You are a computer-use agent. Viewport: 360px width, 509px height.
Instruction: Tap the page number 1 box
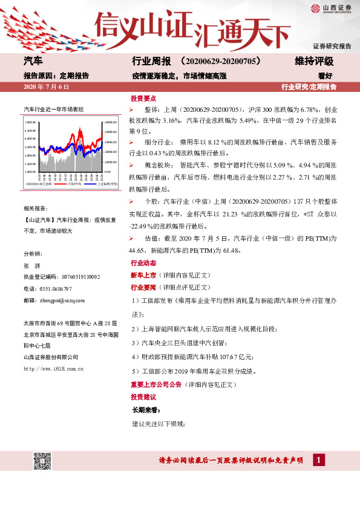click(317, 461)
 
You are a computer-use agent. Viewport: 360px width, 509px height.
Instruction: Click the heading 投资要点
click(143, 98)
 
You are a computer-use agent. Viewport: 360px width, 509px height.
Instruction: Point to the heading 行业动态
click(143, 264)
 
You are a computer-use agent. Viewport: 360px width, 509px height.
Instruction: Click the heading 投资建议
click(143, 397)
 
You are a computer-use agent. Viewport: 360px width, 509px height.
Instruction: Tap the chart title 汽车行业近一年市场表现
click(53, 109)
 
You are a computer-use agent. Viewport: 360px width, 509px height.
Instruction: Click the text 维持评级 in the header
click(314, 62)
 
